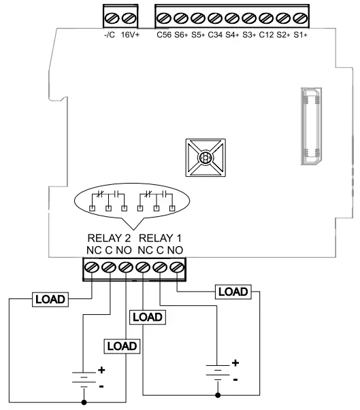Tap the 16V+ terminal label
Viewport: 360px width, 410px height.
pyautogui.click(x=131, y=33)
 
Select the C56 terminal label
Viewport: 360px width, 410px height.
pyautogui.click(x=164, y=33)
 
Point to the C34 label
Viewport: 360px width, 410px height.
pyautogui.click(x=215, y=33)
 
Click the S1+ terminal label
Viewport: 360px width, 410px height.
pyautogui.click(x=300, y=33)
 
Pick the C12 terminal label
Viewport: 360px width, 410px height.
pyautogui.click(x=266, y=33)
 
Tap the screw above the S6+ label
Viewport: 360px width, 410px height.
pyautogui.click(x=181, y=15)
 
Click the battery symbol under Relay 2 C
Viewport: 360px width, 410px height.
pyautogui.click(x=83, y=376)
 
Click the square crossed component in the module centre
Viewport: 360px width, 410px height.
pyautogui.click(x=203, y=158)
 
